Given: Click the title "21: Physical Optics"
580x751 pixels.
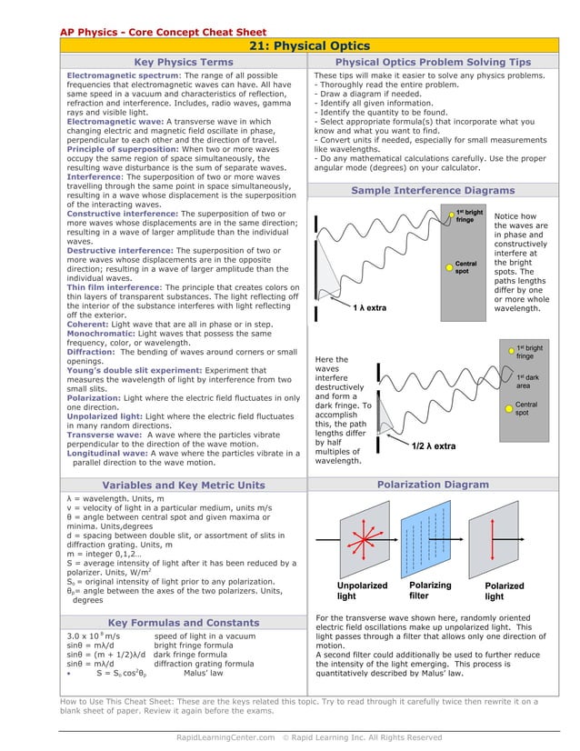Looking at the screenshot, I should pyautogui.click(x=309, y=46).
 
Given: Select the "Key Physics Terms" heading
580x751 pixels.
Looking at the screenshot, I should pyautogui.click(x=183, y=62).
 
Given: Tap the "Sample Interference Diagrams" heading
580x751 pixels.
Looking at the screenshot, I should pyautogui.click(x=432, y=190).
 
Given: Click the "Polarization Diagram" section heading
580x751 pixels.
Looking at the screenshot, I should pyautogui.click(x=432, y=485).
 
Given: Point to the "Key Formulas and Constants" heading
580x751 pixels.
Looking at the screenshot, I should pyautogui.click(x=183, y=623).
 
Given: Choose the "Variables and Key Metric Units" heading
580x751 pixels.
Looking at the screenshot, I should pyautogui.click(x=183, y=485).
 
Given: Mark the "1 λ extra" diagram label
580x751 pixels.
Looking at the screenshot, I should pyautogui.click(x=368, y=308).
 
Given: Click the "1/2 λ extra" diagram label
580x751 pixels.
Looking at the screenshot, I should pyautogui.click(x=433, y=446).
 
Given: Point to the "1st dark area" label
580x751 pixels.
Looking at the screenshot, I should pyautogui.click(x=530, y=380).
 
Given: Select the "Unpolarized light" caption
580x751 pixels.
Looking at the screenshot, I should pyautogui.click(x=362, y=591).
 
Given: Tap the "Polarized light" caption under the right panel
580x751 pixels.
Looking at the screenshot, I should pyautogui.click(x=505, y=592).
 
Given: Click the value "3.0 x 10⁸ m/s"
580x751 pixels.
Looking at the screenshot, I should pyautogui.click(x=94, y=636).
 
